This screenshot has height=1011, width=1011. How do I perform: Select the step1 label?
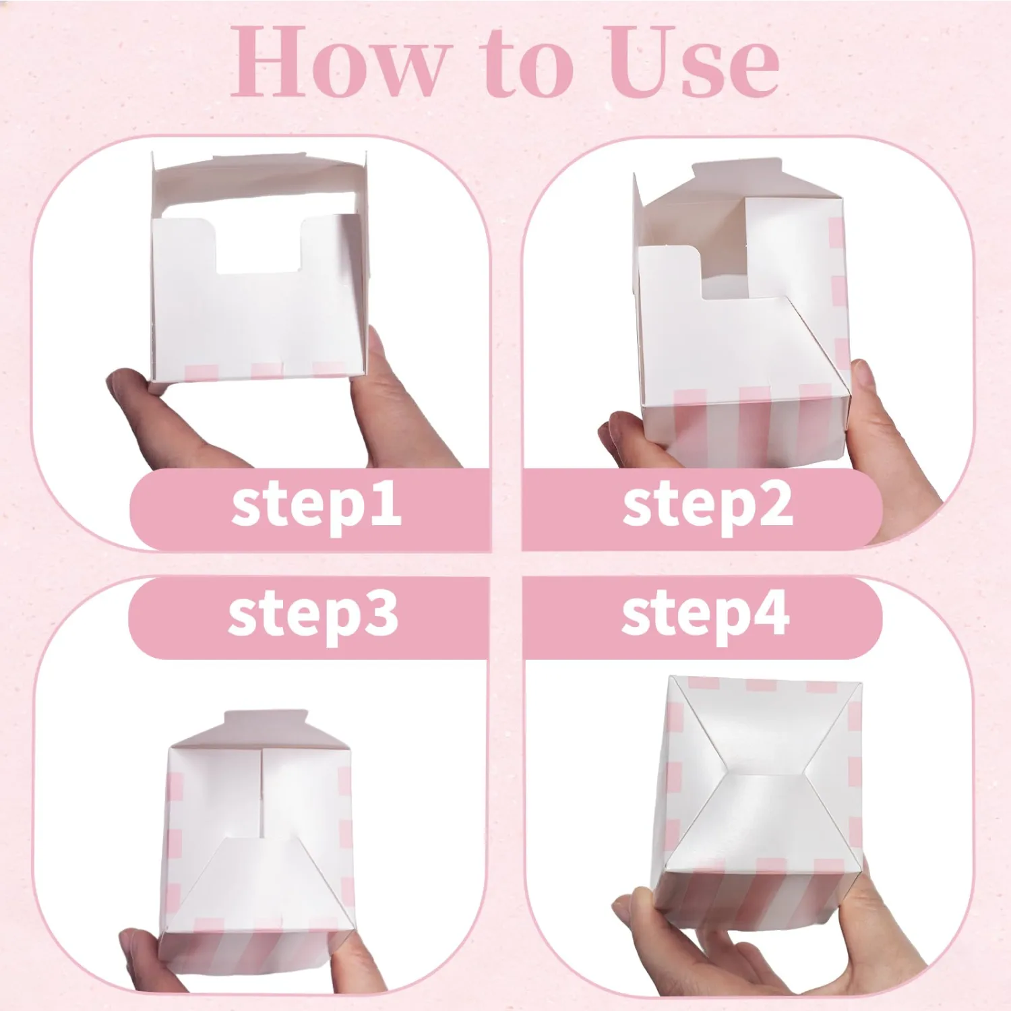pyautogui.click(x=316, y=506)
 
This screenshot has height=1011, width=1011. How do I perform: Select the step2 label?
pyautogui.click(x=707, y=506)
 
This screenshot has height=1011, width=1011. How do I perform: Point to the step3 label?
pyautogui.click(x=313, y=615)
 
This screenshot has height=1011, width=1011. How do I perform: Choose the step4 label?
pyautogui.click(x=705, y=615)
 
